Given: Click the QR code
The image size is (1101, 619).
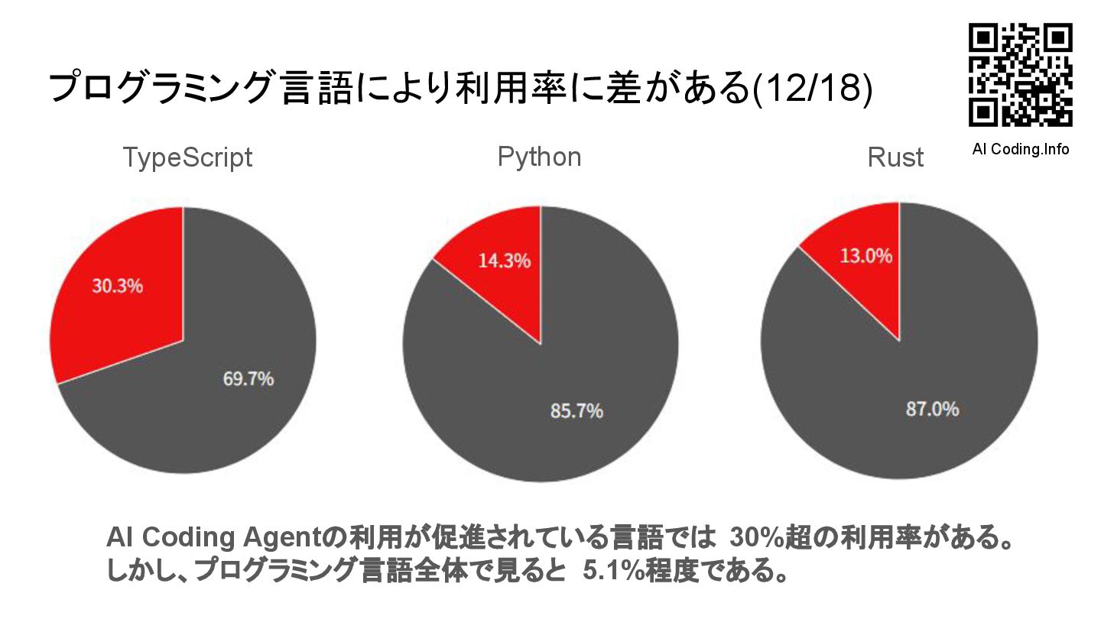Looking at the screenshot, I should point(1020,74).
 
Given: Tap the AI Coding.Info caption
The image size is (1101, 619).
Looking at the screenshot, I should point(1020,149).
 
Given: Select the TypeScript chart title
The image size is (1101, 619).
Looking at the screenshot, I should point(187,158).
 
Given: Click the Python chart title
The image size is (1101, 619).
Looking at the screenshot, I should point(539,157).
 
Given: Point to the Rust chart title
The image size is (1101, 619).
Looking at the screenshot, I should point(895,158).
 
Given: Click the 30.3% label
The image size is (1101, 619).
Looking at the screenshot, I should point(118,287).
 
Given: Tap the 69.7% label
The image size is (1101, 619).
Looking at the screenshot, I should point(248,378).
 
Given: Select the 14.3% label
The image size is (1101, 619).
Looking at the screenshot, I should point(504,261).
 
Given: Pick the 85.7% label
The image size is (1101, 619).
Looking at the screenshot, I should point(576,410).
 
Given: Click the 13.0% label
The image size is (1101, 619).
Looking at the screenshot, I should point(866,256).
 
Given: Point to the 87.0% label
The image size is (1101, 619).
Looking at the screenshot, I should point(932,409).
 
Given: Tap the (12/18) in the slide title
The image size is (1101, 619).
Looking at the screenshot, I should point(812,88).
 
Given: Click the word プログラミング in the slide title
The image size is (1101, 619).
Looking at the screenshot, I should point(160,88).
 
